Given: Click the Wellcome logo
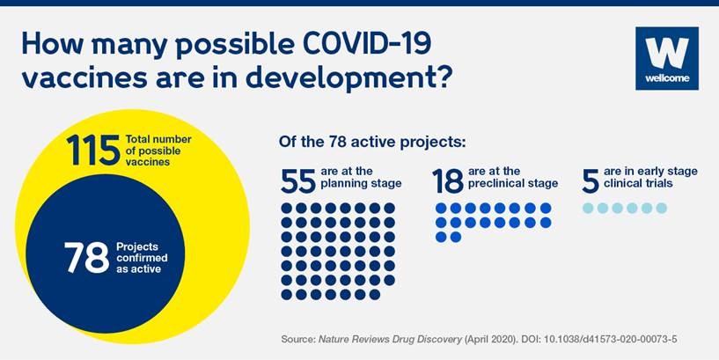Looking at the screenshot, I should (x=666, y=58).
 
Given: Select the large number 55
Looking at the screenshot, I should (x=297, y=181).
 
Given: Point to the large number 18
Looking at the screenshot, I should (x=448, y=181).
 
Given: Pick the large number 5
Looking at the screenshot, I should (x=590, y=181).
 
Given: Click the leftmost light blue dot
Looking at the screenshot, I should (x=589, y=209).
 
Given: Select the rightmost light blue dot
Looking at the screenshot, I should (x=661, y=209).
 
